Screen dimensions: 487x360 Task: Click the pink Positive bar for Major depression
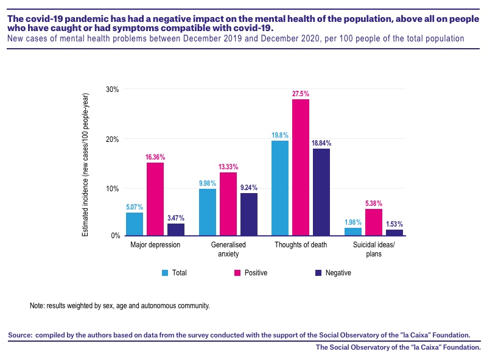tap(155, 199)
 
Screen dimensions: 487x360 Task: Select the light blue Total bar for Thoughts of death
tap(280, 188)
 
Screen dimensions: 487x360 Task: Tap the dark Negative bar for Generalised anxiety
tap(249, 214)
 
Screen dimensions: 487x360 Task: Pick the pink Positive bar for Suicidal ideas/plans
tap(374, 222)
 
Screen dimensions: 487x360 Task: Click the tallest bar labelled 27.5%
tap(301, 168)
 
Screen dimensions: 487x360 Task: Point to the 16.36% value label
tap(155, 157)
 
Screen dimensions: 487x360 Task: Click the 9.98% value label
tap(208, 183)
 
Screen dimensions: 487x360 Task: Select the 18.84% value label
tap(321, 143)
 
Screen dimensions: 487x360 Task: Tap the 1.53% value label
tap(394, 224)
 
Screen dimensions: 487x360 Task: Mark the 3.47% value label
tap(176, 218)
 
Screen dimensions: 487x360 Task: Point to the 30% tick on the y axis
tap(113, 89)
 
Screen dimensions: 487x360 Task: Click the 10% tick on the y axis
tap(113, 189)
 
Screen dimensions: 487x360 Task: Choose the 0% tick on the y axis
tap(116, 236)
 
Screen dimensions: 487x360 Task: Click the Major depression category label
tap(155, 245)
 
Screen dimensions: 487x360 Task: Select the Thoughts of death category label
tap(301, 245)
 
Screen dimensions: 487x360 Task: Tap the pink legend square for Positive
tap(237, 273)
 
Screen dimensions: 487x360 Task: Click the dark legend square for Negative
tap(318, 273)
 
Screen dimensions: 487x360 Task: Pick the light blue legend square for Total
tap(165, 273)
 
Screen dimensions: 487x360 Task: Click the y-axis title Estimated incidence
tap(85, 164)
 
